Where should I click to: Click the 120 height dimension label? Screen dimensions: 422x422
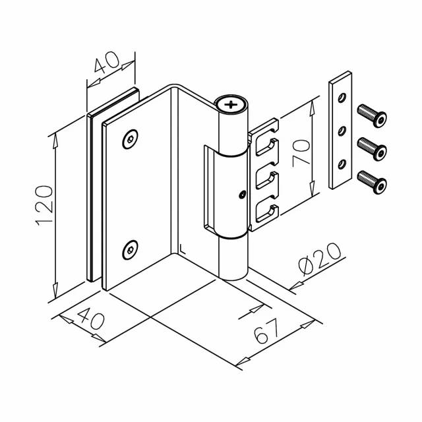[x=44, y=206]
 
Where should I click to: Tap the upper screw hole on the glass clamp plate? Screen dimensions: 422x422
[x=129, y=139]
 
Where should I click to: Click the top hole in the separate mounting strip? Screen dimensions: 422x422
[x=341, y=99]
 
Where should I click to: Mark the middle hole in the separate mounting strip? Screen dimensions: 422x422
[x=341, y=129]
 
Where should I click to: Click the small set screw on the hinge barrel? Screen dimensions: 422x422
[x=243, y=195]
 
